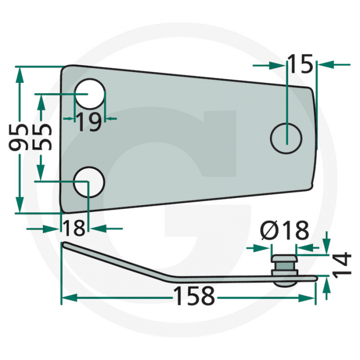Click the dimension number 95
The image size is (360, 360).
pyautogui.click(x=20, y=137)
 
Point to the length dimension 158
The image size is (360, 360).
pyautogui.click(x=193, y=296)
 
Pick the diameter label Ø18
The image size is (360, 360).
pyautogui.click(x=284, y=231)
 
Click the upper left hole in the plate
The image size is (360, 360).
pyautogui.click(x=90, y=95)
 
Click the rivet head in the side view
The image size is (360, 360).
pyautogui.click(x=284, y=257)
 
